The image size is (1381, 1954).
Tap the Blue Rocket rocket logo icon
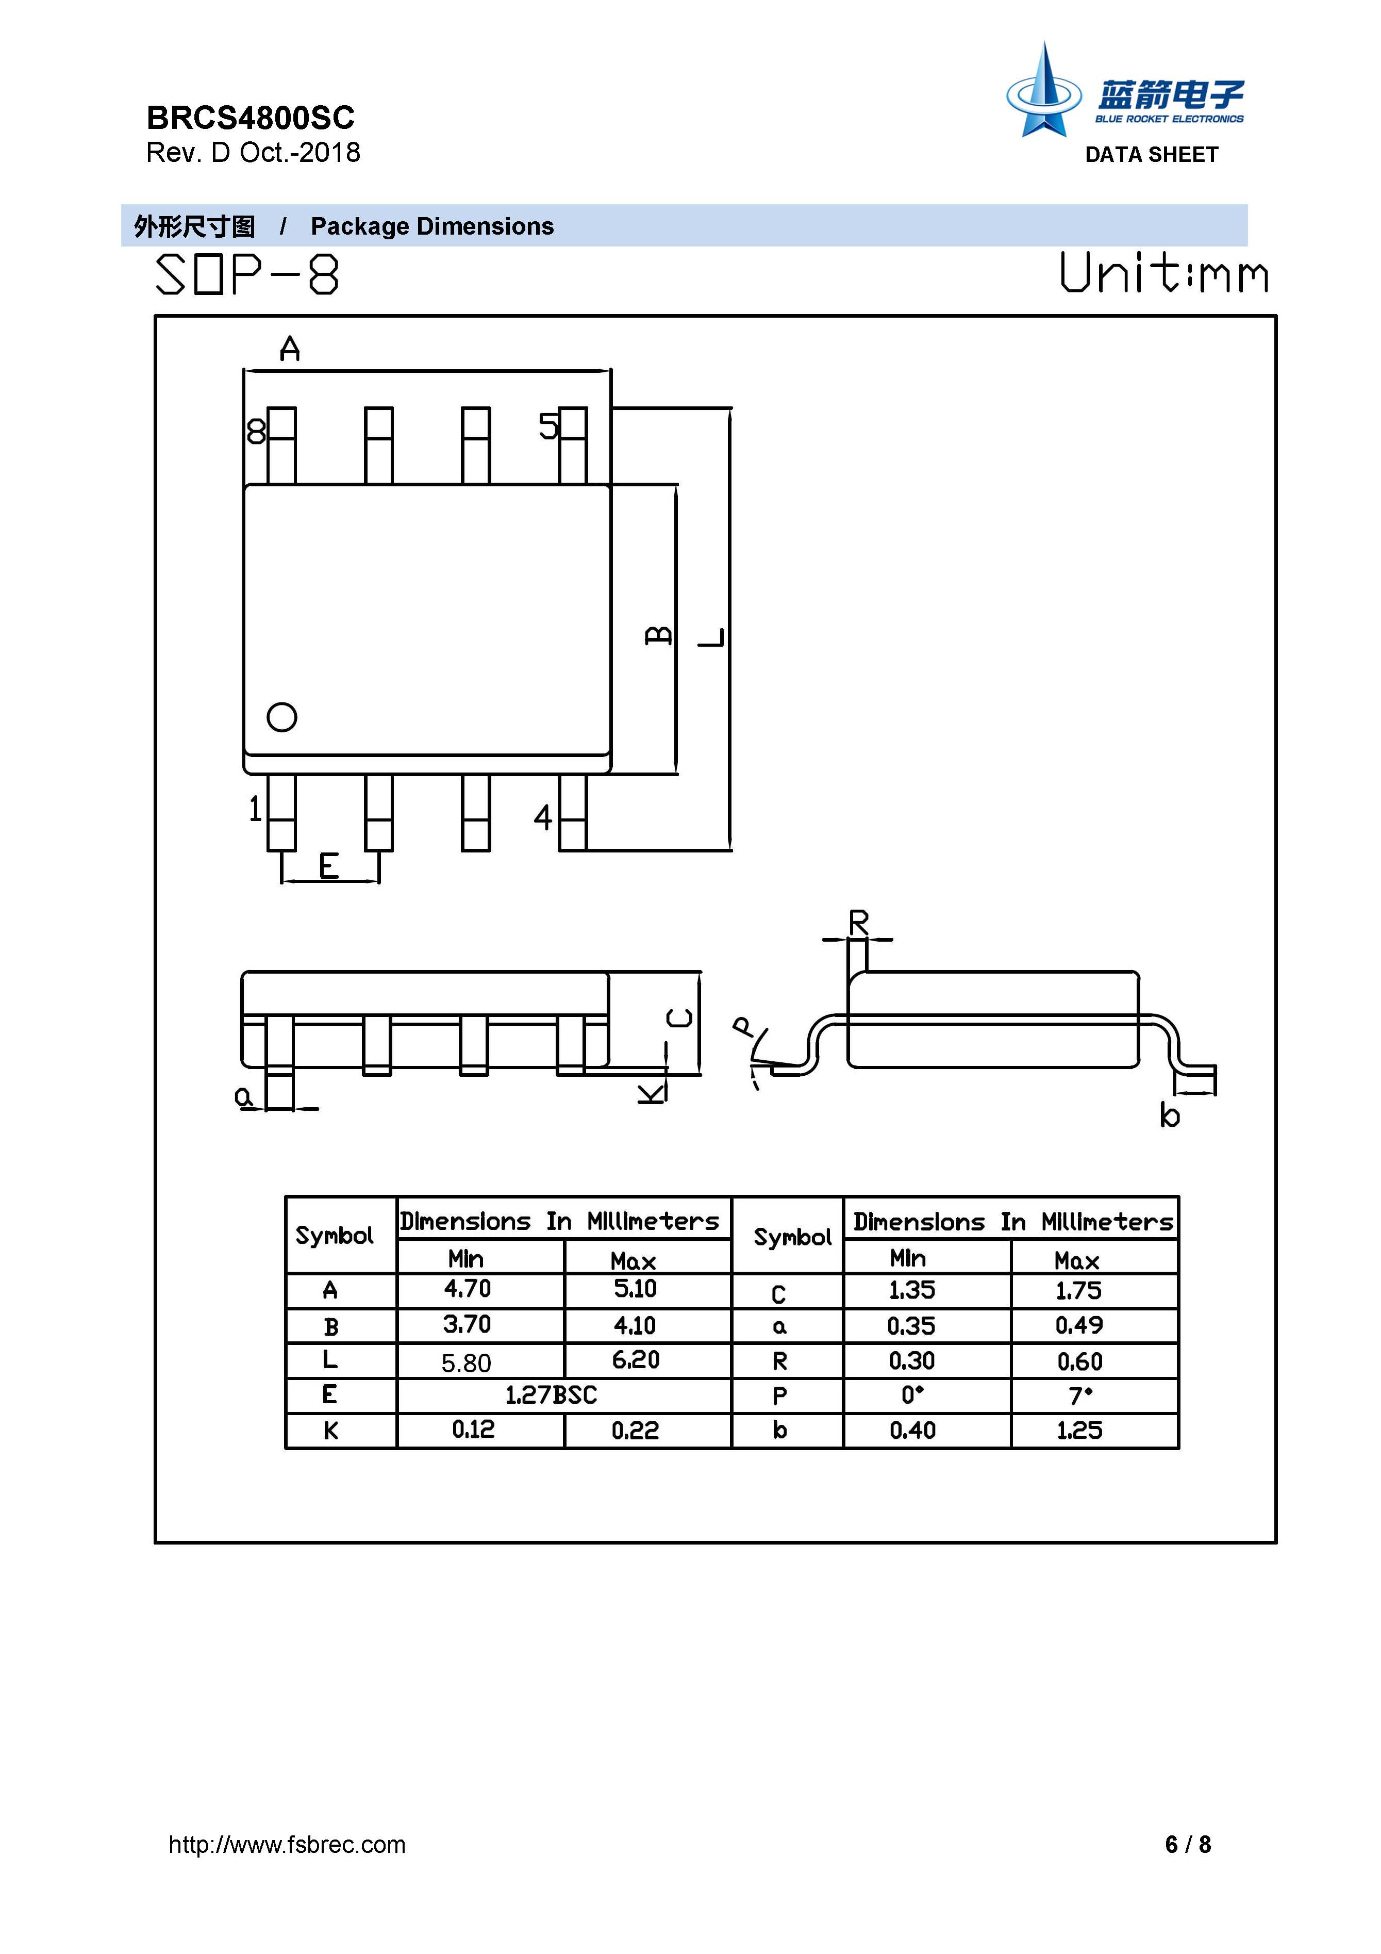[x=1043, y=91]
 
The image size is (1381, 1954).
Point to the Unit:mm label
[x=1163, y=273]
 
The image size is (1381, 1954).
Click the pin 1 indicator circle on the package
[x=281, y=717]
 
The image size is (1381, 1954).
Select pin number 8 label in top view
[x=255, y=432]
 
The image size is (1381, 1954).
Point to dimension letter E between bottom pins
[x=328, y=866]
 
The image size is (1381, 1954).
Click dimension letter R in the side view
[x=859, y=922]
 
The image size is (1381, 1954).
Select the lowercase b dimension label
[x=1170, y=1115]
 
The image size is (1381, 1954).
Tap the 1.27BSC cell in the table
[x=552, y=1395]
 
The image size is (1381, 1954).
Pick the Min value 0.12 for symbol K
[x=473, y=1430]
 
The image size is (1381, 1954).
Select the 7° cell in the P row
[x=1080, y=1395]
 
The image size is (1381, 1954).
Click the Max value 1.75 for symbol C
[x=1079, y=1291]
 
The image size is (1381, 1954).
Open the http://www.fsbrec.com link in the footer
[x=287, y=1844]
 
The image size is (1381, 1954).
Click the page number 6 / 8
[x=1188, y=1844]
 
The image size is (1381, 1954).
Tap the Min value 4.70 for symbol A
[x=467, y=1288]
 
